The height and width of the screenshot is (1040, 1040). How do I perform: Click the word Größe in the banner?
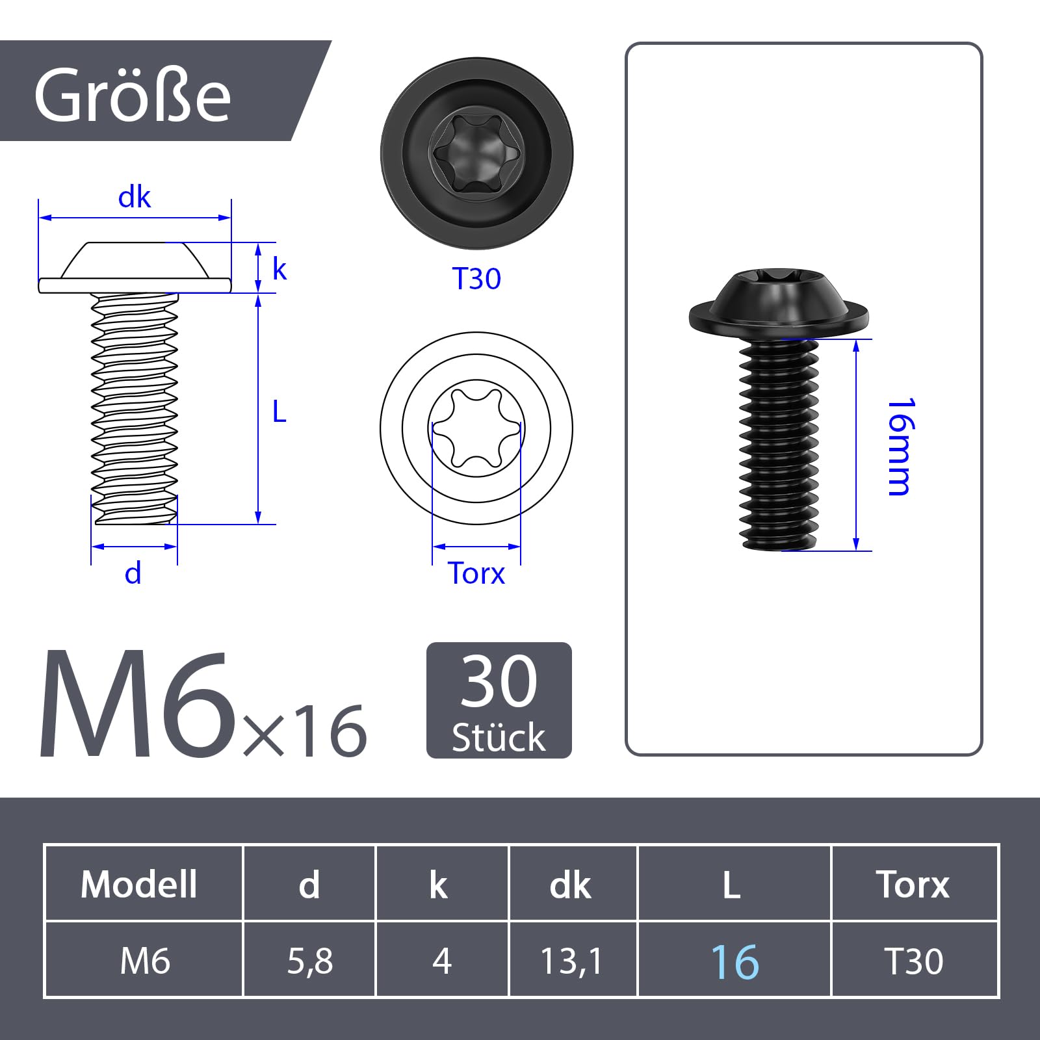[133, 95]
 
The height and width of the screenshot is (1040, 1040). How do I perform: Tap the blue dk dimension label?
[135, 197]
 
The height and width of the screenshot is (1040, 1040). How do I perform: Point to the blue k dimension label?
[279, 268]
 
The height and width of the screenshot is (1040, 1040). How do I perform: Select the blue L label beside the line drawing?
[279, 411]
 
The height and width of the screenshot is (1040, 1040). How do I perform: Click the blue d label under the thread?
[133, 573]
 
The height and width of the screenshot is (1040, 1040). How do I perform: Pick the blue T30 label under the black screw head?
[476, 279]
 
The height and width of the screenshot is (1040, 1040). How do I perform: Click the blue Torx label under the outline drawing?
[476, 573]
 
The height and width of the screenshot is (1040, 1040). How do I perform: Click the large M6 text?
[138, 705]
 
